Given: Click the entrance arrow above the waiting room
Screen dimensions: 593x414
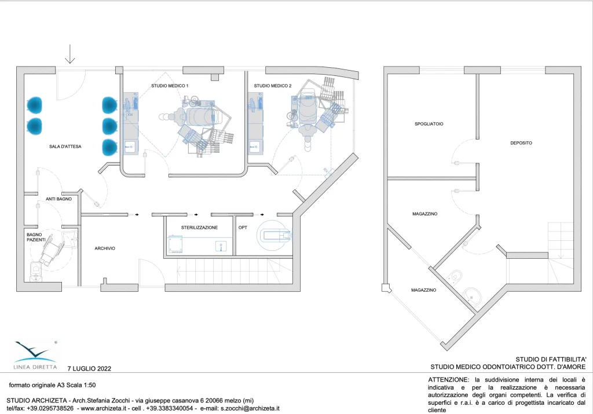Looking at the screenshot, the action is click(70, 54).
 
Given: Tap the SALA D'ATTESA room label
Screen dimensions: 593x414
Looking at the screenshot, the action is click(65, 146).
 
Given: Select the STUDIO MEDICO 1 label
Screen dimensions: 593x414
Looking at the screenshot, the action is click(170, 86).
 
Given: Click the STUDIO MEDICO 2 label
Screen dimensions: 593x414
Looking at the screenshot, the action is click(273, 86).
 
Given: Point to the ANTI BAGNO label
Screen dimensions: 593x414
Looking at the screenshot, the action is click(58, 199).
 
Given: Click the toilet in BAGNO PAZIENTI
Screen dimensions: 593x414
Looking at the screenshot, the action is click(36, 271).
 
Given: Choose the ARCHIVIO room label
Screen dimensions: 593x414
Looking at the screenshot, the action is click(105, 248).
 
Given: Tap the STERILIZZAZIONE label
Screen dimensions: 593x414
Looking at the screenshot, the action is click(199, 228).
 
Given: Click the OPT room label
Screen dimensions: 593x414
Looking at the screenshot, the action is click(243, 228).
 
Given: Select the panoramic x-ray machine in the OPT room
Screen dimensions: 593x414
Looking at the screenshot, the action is click(274, 236).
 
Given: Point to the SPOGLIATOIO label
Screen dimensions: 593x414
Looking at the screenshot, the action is click(429, 124).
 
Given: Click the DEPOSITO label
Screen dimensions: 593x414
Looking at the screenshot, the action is click(521, 143).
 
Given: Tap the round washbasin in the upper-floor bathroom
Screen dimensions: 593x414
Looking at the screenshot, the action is click(471, 294).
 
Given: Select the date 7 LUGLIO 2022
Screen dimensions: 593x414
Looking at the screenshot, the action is click(89, 369).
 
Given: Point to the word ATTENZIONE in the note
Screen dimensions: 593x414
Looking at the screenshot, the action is click(448, 380).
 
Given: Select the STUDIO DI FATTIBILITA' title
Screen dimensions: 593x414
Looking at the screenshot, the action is click(551, 360).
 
